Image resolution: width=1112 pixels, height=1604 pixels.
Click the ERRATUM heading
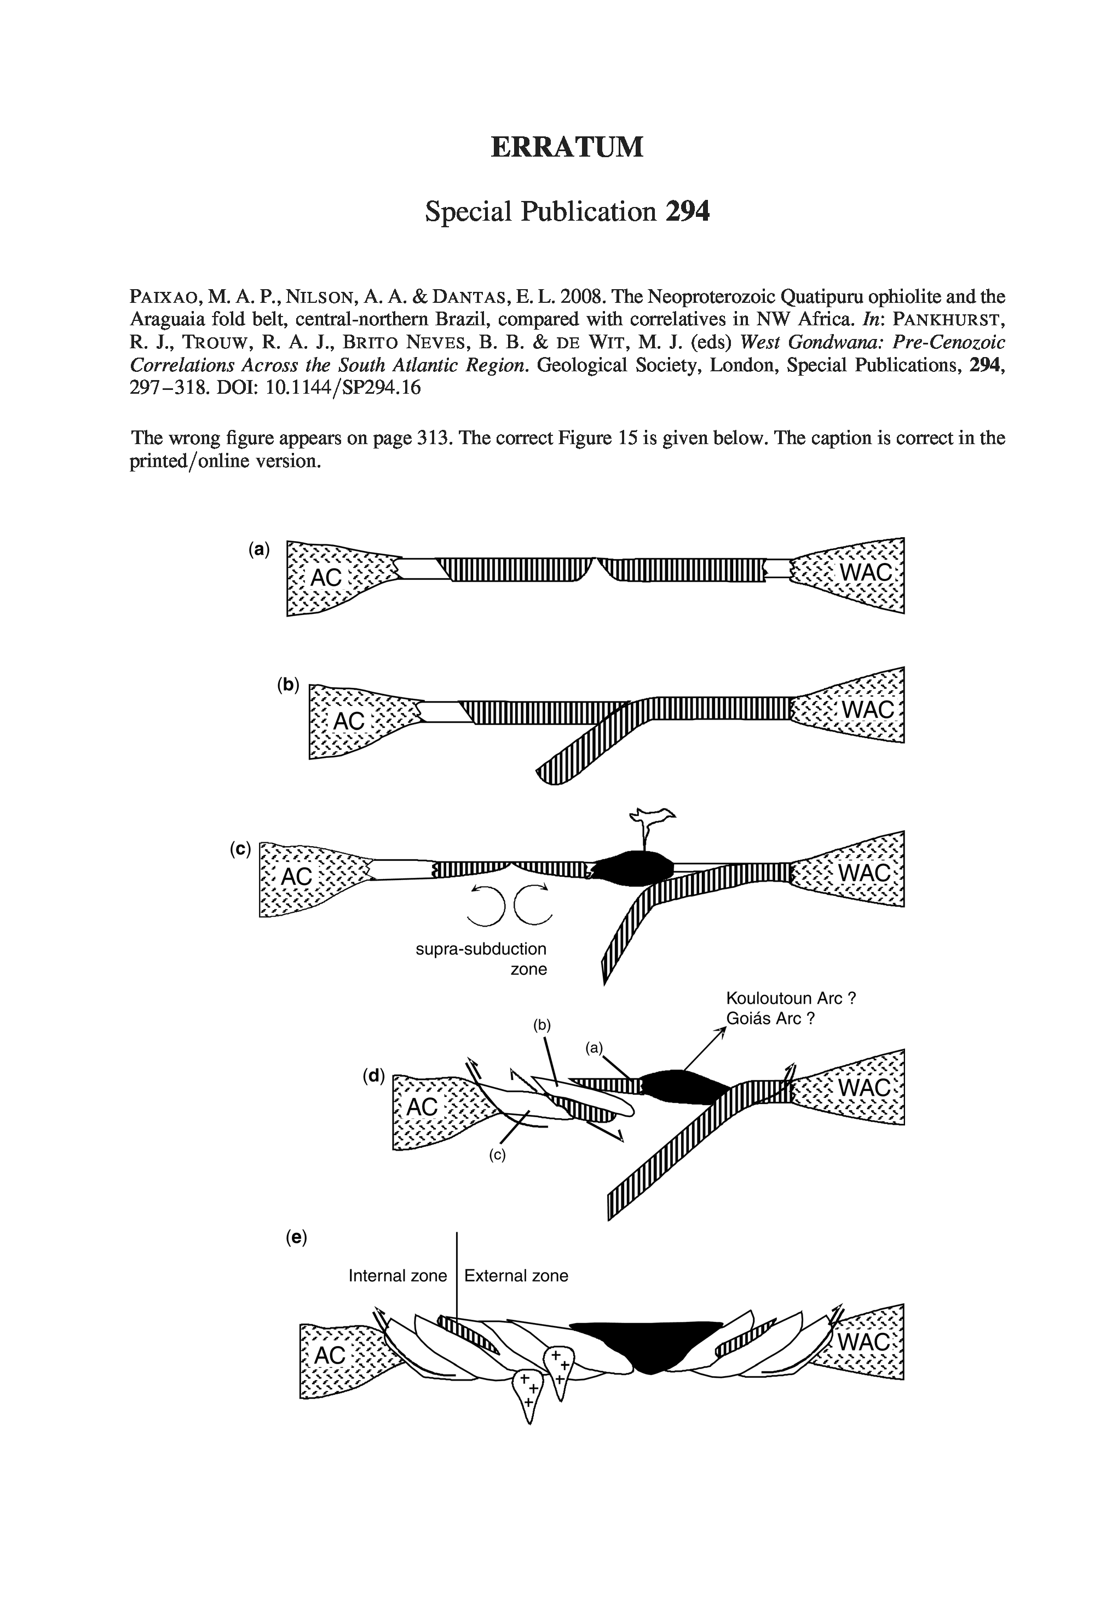(567, 147)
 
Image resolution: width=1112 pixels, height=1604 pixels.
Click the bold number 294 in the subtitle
(687, 211)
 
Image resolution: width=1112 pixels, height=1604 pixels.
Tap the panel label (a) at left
(258, 550)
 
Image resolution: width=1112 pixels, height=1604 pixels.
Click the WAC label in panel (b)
(867, 710)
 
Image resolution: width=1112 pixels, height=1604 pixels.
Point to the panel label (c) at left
(240, 849)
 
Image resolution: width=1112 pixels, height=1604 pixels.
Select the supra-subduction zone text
(481, 959)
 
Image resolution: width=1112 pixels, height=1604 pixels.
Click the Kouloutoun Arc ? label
(791, 998)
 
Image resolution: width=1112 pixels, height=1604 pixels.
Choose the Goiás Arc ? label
(770, 1018)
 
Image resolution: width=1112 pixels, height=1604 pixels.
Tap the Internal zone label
(397, 1276)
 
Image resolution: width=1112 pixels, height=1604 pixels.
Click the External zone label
(516, 1276)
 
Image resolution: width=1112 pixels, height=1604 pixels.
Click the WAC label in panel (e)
(865, 1342)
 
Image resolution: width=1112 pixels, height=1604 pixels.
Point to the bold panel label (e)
(296, 1237)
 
